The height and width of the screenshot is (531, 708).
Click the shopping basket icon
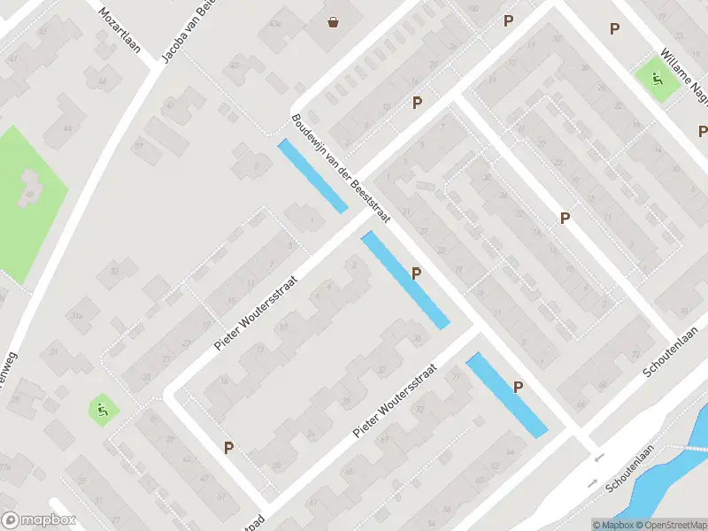[x=334, y=21]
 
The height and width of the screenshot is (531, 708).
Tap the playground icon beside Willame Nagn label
[x=657, y=77]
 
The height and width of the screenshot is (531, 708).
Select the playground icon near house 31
[x=102, y=409]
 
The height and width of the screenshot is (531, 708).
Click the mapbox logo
[x=39, y=520]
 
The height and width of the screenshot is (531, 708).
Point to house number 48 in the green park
[x=32, y=195]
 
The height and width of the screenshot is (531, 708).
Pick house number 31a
[x=77, y=316]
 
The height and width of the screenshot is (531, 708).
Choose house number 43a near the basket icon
[x=276, y=23]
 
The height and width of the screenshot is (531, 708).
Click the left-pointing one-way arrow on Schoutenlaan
[x=599, y=458]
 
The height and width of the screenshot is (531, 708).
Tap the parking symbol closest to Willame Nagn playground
[x=614, y=29]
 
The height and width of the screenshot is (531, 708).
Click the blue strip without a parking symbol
[x=312, y=176]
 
